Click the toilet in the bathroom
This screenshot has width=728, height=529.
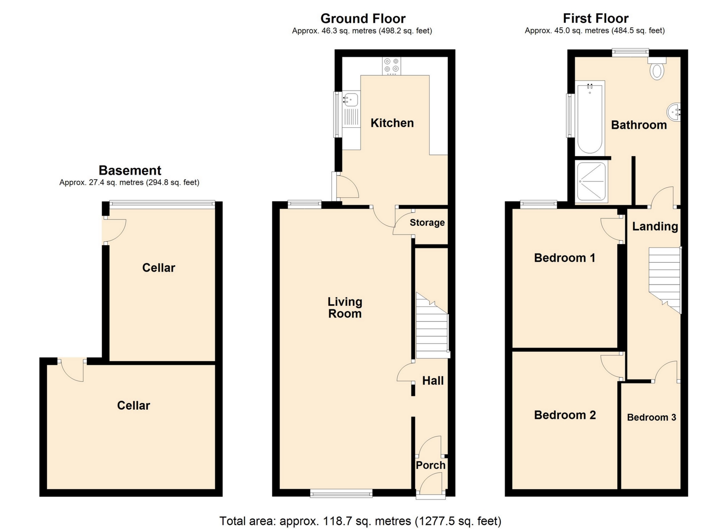657,70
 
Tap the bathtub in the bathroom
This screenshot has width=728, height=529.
590,118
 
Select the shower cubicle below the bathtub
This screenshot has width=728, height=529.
591,182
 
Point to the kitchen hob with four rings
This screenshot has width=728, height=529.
391,66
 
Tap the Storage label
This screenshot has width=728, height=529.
427,222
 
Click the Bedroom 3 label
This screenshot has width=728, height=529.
651,417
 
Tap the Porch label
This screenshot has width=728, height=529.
430,465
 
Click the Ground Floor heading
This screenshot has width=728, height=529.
363,18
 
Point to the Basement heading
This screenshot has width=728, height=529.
130,170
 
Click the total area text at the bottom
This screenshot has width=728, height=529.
360,521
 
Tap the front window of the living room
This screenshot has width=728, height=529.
341,493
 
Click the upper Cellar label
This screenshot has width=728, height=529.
158,268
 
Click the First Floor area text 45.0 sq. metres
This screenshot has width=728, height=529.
595,30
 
